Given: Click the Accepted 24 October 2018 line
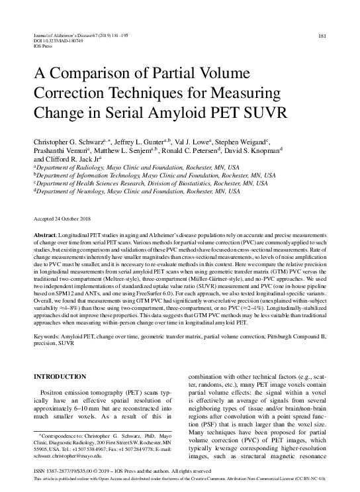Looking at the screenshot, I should [x=63, y=218].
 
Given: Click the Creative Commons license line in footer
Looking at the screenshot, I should [x=179, y=478].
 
